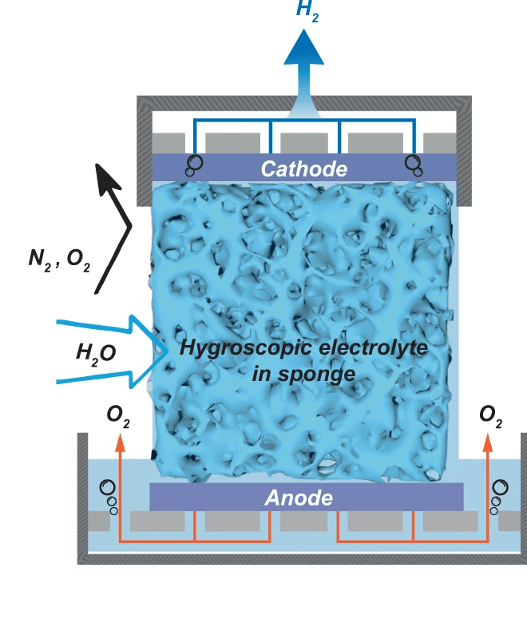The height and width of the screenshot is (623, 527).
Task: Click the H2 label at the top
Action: pyautogui.click(x=307, y=11)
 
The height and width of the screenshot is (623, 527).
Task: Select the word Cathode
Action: pyautogui.click(x=304, y=169)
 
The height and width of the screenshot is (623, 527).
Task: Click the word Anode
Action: pyautogui.click(x=298, y=498)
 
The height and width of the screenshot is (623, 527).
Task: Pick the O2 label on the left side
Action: pyautogui.click(x=119, y=414)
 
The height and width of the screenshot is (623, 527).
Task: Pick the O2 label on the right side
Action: pyautogui.click(x=490, y=414)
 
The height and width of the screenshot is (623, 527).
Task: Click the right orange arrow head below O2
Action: pyautogui.click(x=489, y=438)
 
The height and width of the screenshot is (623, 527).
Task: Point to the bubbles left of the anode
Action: pyautogui.click(x=108, y=496)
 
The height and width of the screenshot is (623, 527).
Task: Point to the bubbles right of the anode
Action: pyautogui.click(x=499, y=494)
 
